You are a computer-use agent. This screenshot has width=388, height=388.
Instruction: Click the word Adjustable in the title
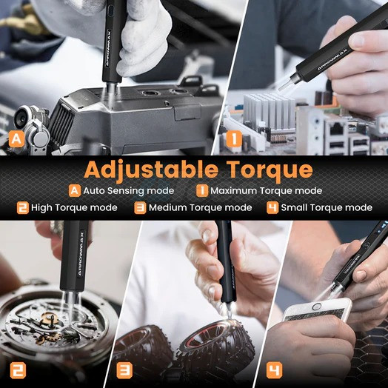(x=151, y=170)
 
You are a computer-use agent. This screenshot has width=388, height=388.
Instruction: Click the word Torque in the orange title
(x=270, y=170)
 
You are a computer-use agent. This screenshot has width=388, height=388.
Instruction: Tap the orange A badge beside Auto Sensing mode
(x=75, y=190)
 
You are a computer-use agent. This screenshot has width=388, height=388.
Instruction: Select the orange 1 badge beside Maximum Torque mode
(x=202, y=190)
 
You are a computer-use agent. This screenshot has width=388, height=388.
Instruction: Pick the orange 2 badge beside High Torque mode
(x=23, y=207)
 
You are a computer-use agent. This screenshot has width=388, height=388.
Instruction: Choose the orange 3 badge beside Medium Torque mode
(x=140, y=207)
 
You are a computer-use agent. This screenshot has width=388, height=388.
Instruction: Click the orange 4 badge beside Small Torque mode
(x=272, y=207)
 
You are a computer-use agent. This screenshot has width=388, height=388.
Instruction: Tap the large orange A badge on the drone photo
(x=16, y=139)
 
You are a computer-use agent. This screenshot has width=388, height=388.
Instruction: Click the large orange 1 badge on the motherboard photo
(x=234, y=138)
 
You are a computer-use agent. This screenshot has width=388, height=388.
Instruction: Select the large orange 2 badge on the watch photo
(x=18, y=370)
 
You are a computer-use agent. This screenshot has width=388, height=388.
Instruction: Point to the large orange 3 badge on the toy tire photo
(x=124, y=370)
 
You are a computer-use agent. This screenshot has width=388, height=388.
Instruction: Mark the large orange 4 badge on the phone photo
(x=275, y=370)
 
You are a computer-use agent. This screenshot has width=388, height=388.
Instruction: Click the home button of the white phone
(x=316, y=307)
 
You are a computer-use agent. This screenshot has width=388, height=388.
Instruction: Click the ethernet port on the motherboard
(x=336, y=129)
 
